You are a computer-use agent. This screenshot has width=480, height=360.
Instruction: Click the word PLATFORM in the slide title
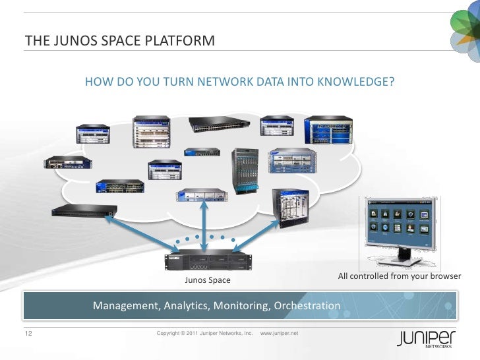tap(181, 42)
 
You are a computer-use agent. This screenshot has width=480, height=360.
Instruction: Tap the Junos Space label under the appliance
tap(208, 280)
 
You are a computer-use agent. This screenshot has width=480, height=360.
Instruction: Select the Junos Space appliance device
tap(208, 261)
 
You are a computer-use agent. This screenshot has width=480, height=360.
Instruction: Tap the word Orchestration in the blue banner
tap(307, 306)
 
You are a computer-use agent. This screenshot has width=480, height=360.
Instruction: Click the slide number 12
tap(28, 334)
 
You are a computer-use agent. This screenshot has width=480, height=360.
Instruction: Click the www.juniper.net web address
tap(280, 334)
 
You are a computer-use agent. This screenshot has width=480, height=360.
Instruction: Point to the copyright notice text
tap(204, 334)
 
